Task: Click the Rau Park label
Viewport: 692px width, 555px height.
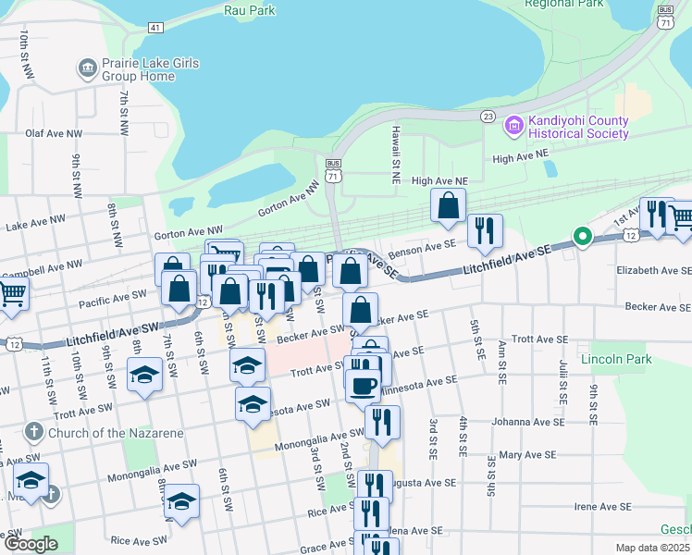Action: tap(251, 10)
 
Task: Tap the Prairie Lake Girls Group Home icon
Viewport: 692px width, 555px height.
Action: tap(88, 67)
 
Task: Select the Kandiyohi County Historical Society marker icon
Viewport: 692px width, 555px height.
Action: tap(513, 124)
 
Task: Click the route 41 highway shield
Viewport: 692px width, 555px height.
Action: tap(154, 27)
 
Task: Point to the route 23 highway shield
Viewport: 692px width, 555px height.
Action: tap(488, 116)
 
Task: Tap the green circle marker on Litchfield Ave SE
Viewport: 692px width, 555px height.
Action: tap(582, 237)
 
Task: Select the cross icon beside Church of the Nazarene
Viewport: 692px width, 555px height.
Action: tap(33, 432)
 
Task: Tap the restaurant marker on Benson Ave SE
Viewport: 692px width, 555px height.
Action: tap(484, 230)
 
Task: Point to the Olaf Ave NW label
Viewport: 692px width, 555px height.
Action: tap(48, 133)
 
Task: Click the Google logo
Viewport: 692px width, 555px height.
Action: tap(30, 544)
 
